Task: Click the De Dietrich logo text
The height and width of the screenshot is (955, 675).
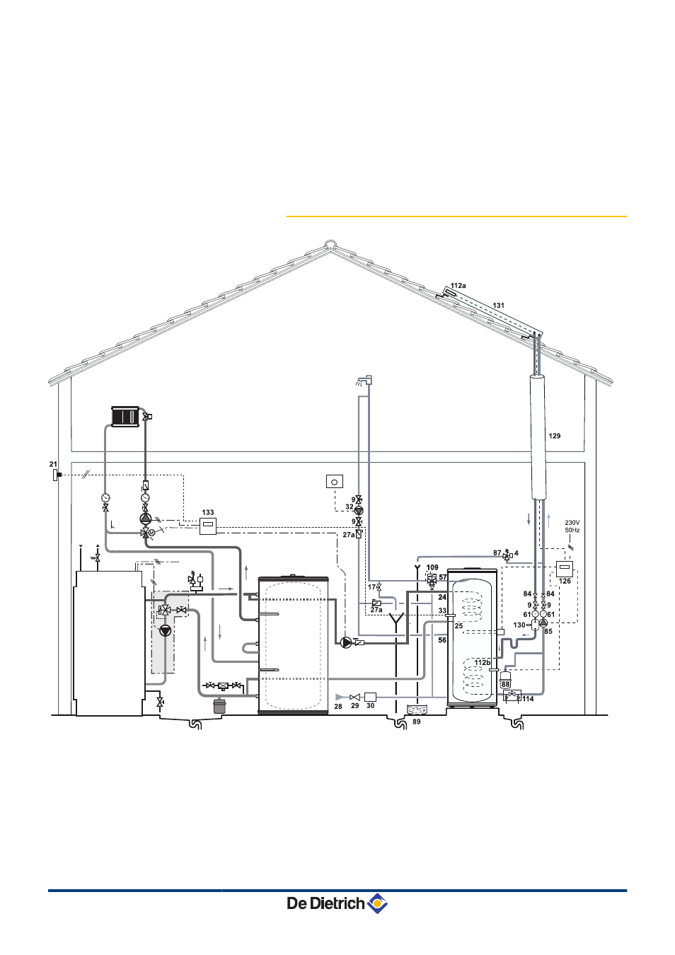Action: coord(325,903)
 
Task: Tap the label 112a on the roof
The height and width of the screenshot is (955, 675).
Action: coord(458,286)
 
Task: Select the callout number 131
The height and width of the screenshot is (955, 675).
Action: coord(498,306)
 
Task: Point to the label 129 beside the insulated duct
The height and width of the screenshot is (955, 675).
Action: coord(554,436)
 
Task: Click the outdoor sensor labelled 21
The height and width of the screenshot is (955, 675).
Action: coord(56,475)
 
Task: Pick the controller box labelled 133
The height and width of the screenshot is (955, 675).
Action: coord(207,526)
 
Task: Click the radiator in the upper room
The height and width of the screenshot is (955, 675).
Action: coord(125,416)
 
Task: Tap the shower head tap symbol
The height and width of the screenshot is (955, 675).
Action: coord(364,380)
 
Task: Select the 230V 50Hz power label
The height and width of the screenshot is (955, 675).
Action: coord(572,526)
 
